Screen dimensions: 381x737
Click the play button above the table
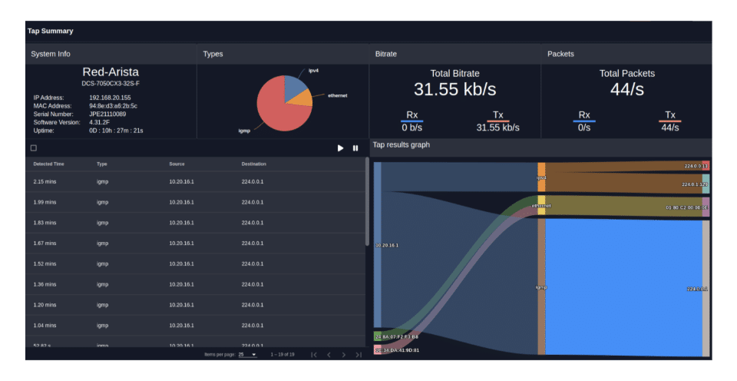[340, 148]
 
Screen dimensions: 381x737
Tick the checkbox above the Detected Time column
[33, 148]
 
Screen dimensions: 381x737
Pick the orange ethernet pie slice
[304, 98]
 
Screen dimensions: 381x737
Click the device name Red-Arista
[111, 71]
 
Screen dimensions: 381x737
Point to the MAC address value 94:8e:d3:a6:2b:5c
[114, 106]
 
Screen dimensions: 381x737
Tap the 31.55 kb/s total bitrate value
[454, 89]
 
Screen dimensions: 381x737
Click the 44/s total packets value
[626, 89]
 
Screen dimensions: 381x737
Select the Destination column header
[253, 164]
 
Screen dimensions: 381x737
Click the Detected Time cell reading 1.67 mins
[46, 244]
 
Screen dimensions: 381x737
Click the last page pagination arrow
[358, 355]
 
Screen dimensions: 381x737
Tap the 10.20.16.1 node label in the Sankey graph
[387, 245]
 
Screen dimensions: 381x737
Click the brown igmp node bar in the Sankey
[541, 287]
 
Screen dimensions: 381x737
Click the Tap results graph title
[401, 144]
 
